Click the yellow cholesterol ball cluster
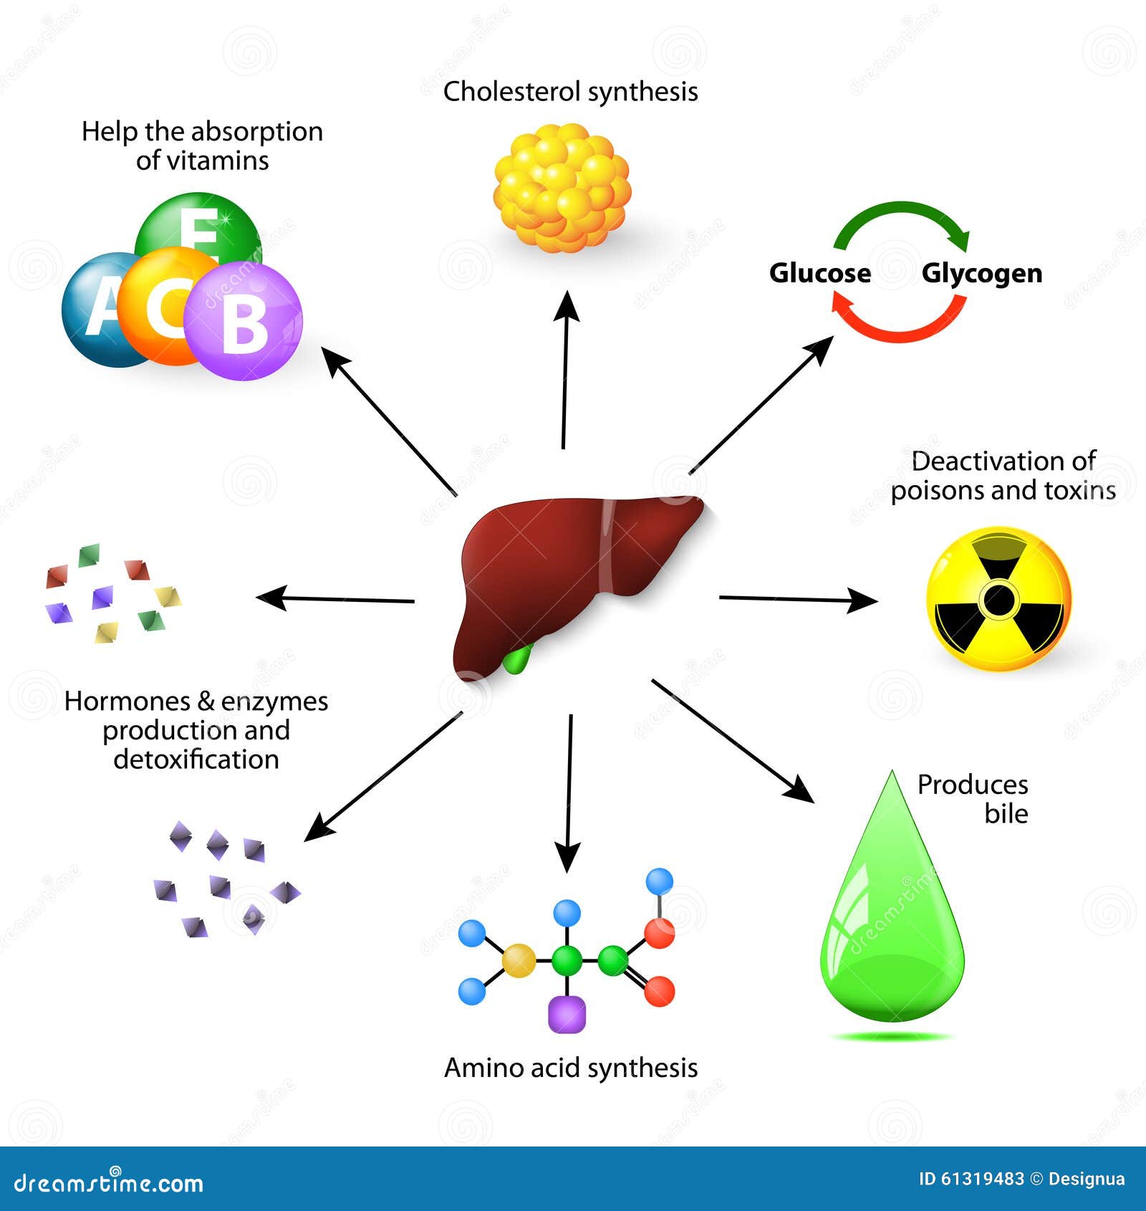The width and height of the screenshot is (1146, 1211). pyautogui.click(x=562, y=188)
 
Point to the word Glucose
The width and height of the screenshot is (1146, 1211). pyautogui.click(x=820, y=273)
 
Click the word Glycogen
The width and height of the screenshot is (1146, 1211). pyautogui.click(x=981, y=273)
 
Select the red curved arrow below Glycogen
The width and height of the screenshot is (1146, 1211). pyautogui.click(x=899, y=326)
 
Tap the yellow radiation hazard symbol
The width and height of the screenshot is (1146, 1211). pyautogui.click(x=999, y=599)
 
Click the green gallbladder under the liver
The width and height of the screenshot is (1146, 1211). pyautogui.click(x=517, y=658)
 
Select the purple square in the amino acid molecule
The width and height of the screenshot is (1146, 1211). pyautogui.click(x=567, y=1015)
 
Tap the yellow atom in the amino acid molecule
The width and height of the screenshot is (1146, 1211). pyautogui.click(x=519, y=961)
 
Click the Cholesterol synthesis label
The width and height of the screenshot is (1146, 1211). pyautogui.click(x=570, y=92)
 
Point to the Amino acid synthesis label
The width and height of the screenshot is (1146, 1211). pyautogui.click(x=570, y=1068)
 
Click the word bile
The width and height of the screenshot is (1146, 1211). pyautogui.click(x=1006, y=814)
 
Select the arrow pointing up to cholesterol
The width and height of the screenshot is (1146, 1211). pyautogui.click(x=566, y=369)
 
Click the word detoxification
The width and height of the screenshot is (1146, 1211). pyautogui.click(x=196, y=760)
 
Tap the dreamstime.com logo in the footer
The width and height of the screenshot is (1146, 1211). pyautogui.click(x=109, y=1182)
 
